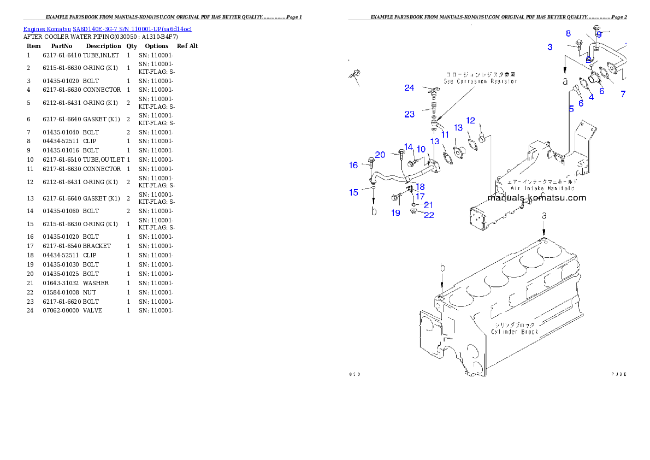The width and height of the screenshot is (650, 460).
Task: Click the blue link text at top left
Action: (107, 29)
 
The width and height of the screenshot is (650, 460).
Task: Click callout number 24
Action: (409, 88)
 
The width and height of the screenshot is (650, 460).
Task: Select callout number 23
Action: (410, 114)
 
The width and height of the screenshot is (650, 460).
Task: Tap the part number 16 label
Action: (354, 165)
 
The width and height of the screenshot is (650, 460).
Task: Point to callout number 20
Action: (380, 155)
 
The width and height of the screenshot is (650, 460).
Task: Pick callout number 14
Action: (408, 148)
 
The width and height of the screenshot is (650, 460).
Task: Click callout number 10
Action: (421, 149)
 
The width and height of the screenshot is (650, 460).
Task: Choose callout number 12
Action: (471, 121)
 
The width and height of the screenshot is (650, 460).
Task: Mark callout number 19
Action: (395, 213)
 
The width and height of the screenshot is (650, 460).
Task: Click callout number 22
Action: (429, 215)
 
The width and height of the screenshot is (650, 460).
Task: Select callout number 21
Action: (429, 205)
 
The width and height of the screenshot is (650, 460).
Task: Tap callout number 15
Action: (354, 192)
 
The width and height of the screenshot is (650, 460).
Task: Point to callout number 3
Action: (550, 47)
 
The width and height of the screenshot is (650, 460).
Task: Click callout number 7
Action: (623, 94)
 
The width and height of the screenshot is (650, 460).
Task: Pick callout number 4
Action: (591, 97)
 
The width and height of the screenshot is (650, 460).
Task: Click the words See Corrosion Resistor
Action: (480, 81)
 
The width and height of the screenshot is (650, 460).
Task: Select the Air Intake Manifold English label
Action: (542, 187)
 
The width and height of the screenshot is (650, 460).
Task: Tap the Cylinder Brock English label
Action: (515, 332)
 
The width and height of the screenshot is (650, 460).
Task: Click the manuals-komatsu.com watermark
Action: (536, 198)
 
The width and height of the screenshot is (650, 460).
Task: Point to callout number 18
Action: (420, 187)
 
